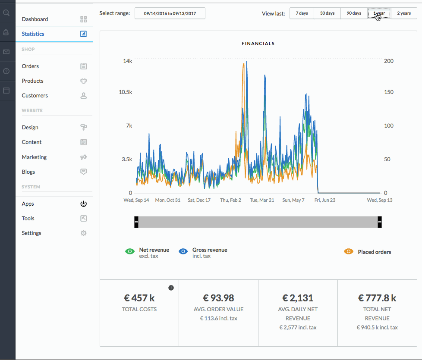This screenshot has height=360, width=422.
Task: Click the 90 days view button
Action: (x=354, y=13)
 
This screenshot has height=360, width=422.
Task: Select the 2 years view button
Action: (x=404, y=13)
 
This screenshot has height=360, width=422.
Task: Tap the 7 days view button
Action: (x=302, y=13)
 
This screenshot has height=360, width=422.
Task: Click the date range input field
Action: (x=170, y=13)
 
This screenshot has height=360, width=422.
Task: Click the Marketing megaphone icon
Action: (x=83, y=157)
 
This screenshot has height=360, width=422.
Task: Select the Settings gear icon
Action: (x=83, y=233)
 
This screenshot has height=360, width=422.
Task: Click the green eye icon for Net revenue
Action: (x=130, y=252)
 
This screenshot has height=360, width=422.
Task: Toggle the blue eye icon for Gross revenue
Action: (x=183, y=252)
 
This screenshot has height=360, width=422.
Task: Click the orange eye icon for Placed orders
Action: (x=349, y=252)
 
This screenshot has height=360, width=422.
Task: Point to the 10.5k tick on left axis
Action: (x=126, y=92)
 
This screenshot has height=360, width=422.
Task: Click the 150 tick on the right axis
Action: (x=389, y=92)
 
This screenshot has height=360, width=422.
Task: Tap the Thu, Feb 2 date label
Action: (x=231, y=200)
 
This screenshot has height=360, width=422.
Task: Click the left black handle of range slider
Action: (x=136, y=222)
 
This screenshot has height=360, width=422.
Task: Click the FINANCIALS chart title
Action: (x=258, y=44)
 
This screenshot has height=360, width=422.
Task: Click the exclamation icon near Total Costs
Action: (x=171, y=288)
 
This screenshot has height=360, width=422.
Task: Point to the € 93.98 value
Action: (x=218, y=298)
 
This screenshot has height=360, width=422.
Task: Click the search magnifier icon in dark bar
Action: (x=6, y=13)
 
